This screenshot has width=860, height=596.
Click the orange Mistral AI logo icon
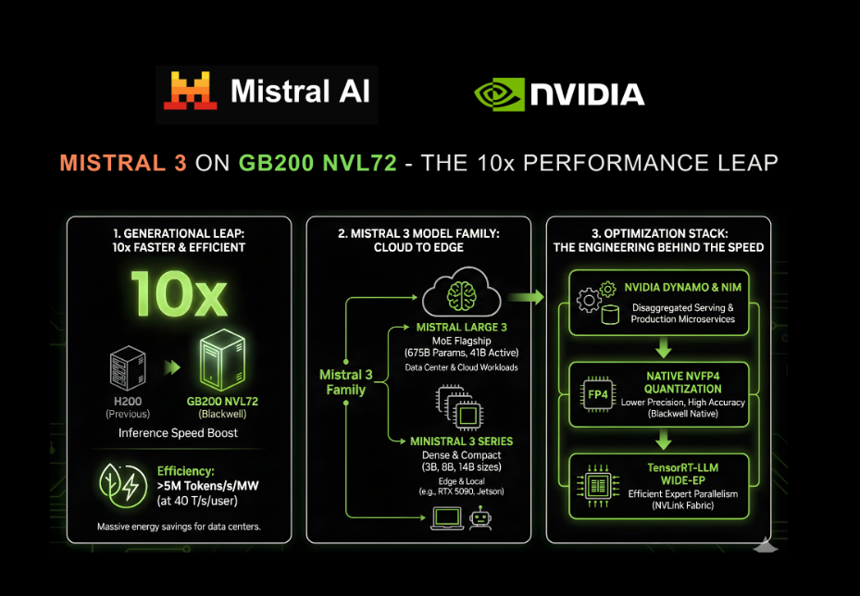click(191, 92)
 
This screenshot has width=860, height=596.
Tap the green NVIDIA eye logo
click(499, 93)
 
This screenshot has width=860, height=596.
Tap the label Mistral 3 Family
click(345, 382)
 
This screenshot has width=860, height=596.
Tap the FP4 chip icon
click(598, 394)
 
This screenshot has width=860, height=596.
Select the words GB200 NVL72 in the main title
click(318, 163)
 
